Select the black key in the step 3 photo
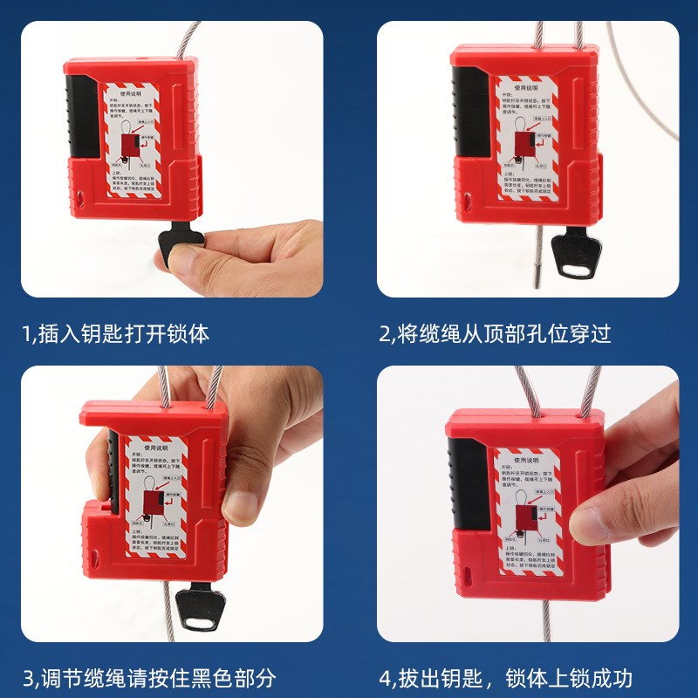pos(199,607)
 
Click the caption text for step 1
pos(116,333)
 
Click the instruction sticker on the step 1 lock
pos(151,139)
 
